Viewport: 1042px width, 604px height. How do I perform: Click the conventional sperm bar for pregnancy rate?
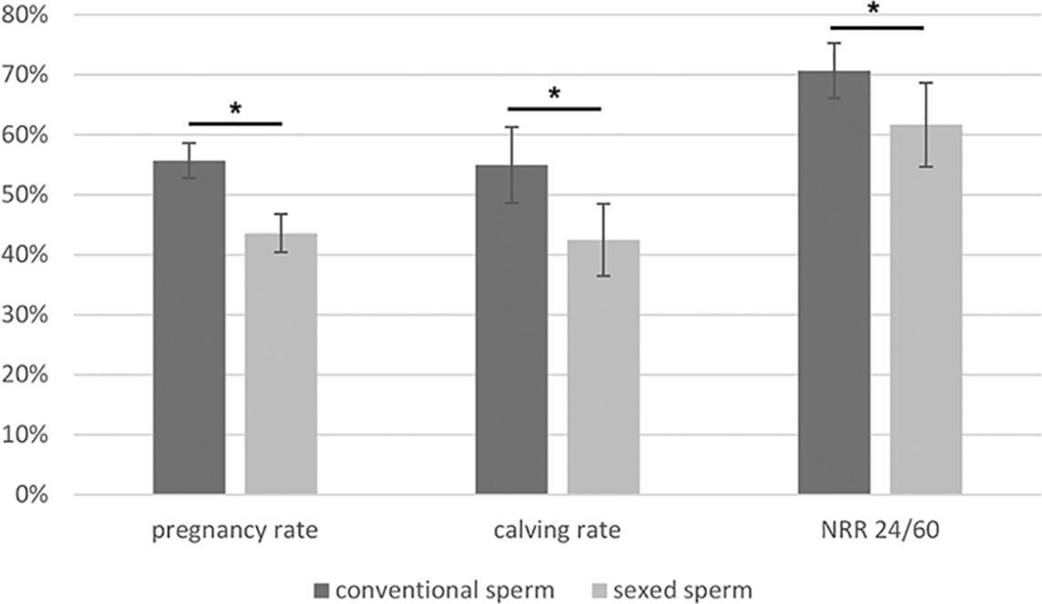[x=189, y=328]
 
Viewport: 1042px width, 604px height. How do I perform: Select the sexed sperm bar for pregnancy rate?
[x=281, y=365]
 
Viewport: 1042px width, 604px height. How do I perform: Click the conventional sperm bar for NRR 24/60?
[x=834, y=283]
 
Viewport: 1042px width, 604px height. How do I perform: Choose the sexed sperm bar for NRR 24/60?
[x=926, y=310]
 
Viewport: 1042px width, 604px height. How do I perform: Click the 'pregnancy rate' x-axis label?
[x=234, y=531]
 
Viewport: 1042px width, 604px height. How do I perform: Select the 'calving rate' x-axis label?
[x=557, y=531]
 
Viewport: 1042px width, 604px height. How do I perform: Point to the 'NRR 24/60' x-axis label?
[x=879, y=531]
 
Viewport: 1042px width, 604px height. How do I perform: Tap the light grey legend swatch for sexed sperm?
[x=596, y=590]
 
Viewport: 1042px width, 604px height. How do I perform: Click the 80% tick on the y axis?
[x=29, y=16]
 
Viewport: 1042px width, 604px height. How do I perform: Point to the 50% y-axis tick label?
[x=29, y=195]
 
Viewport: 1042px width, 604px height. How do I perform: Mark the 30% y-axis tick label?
[x=29, y=316]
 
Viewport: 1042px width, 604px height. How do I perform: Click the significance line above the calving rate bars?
[x=555, y=109]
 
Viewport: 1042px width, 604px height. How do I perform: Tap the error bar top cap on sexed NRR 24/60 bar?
[x=926, y=83]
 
